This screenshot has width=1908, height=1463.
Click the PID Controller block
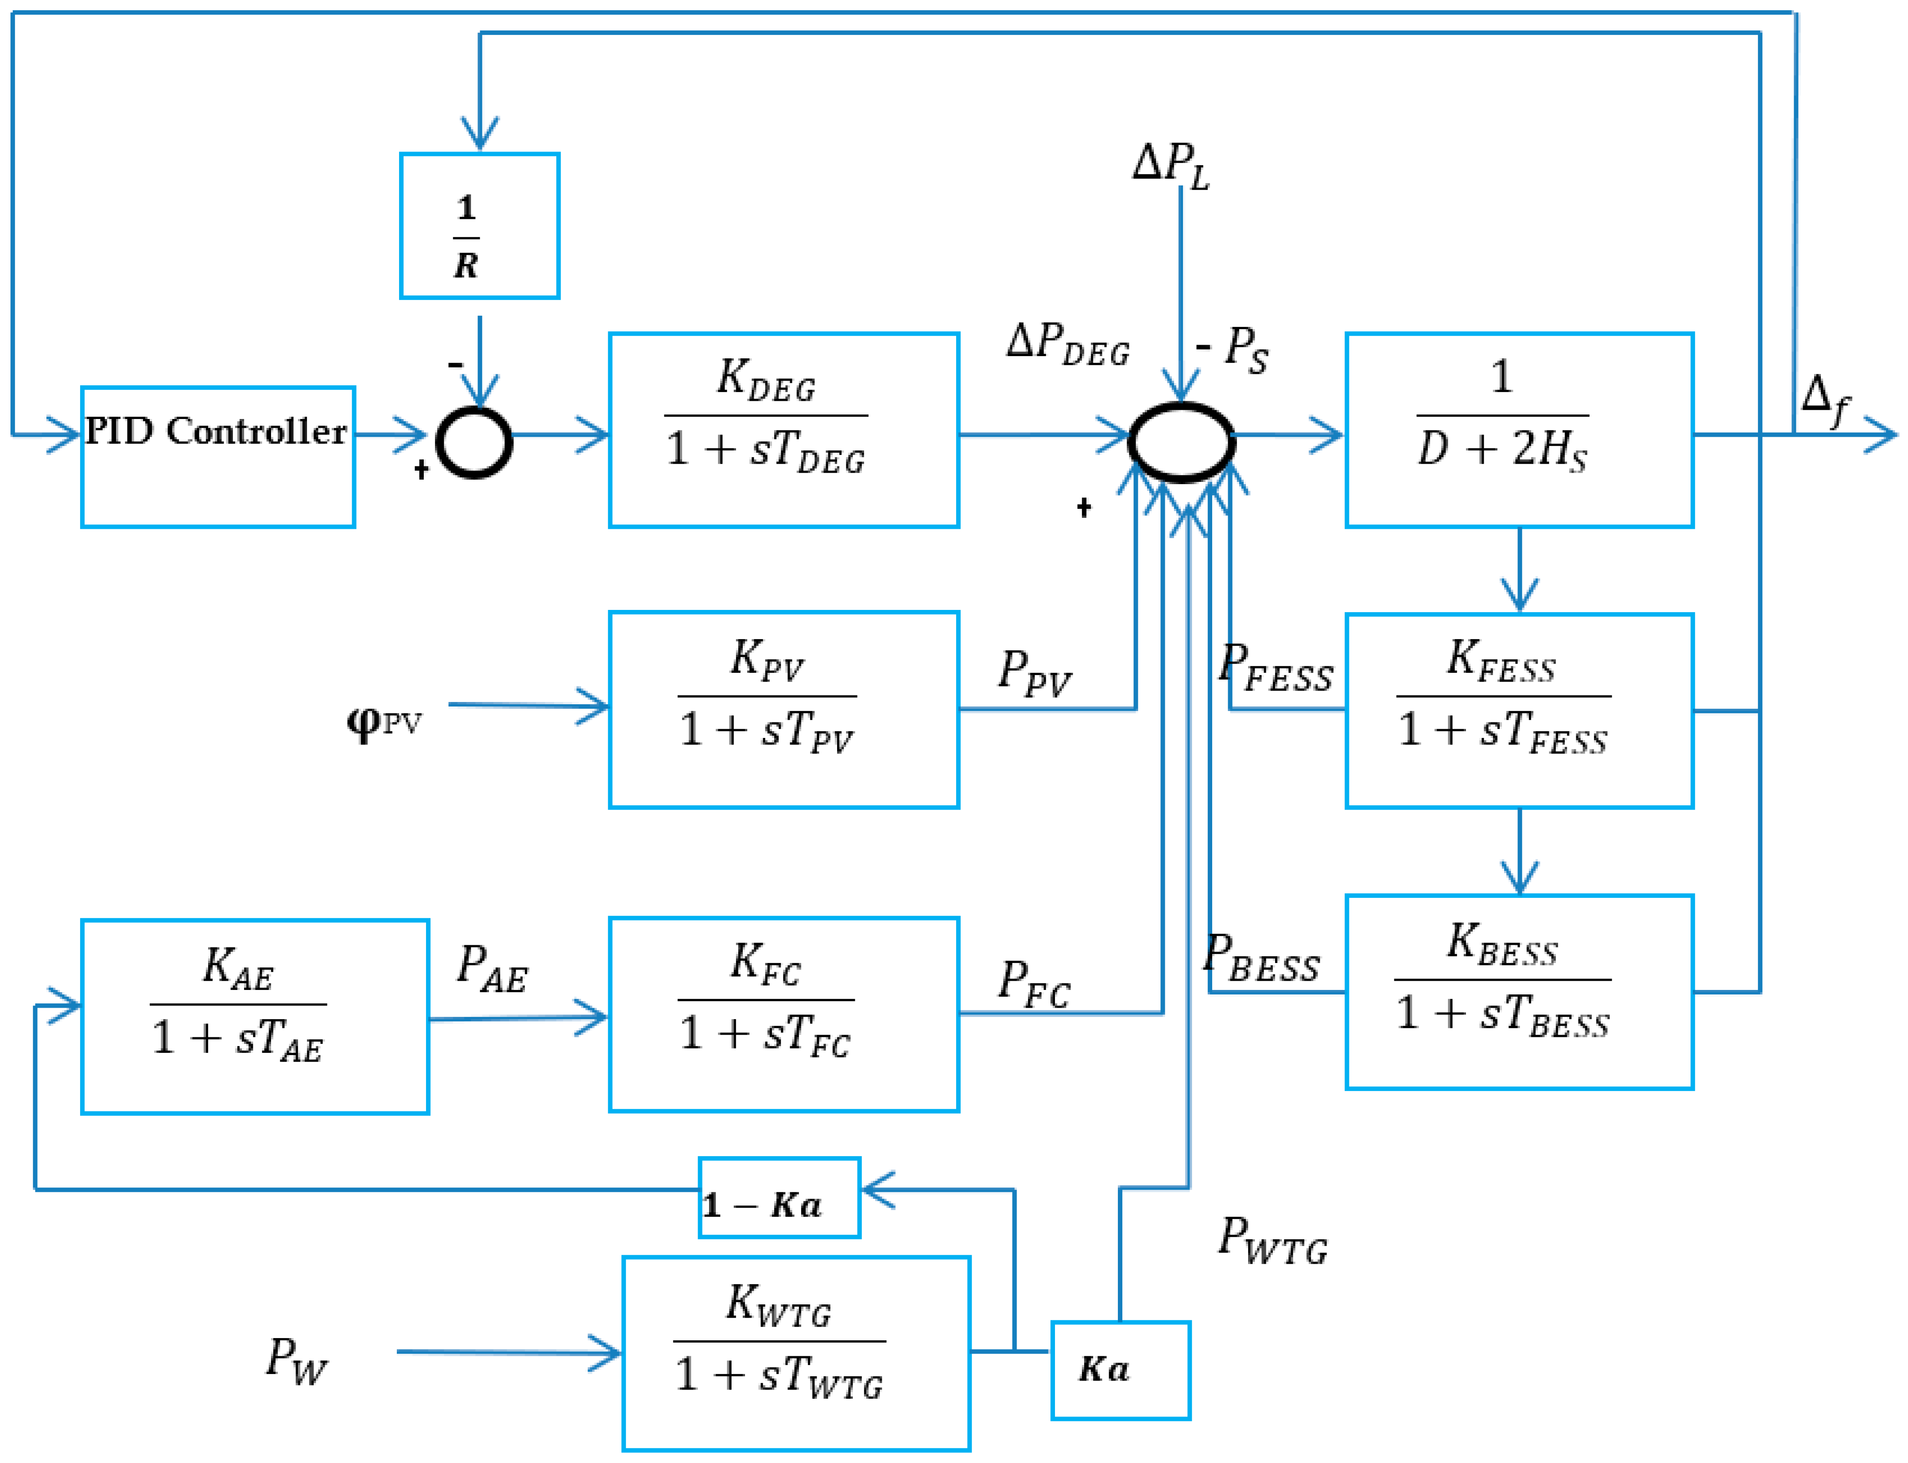click(218, 456)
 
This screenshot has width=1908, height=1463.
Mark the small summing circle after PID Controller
click(474, 442)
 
